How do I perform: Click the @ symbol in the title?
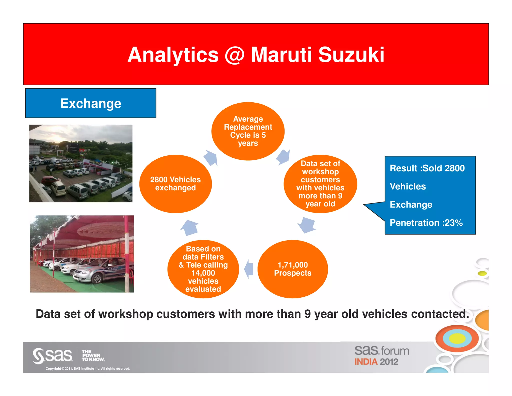234,55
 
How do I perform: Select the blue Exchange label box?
91,103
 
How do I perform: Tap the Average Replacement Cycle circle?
248,131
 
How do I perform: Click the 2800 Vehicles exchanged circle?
175,184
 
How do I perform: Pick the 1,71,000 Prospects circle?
292,269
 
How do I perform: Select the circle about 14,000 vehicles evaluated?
203,269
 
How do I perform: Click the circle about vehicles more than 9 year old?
320,184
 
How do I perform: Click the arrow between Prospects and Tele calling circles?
249,269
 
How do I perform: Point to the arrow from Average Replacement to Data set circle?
283,157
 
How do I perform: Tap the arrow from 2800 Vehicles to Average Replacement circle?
211,158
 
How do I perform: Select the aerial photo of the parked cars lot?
81,163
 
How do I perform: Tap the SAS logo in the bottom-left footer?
53,356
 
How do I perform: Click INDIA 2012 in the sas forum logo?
376,362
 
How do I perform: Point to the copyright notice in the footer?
88,368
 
